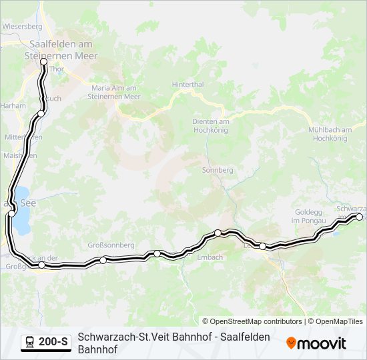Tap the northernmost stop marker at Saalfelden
tap(44, 61)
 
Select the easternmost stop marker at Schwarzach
tap(359, 217)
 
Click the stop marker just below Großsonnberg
tap(103, 260)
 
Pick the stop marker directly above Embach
tap(218, 233)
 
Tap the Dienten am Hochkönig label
tap(210, 125)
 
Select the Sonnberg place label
tap(217, 171)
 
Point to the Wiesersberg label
tap(22, 27)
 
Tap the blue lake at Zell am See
tap(22, 219)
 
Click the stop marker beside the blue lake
tap(11, 213)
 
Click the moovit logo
tap(316, 343)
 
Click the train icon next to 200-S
tap(29, 343)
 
